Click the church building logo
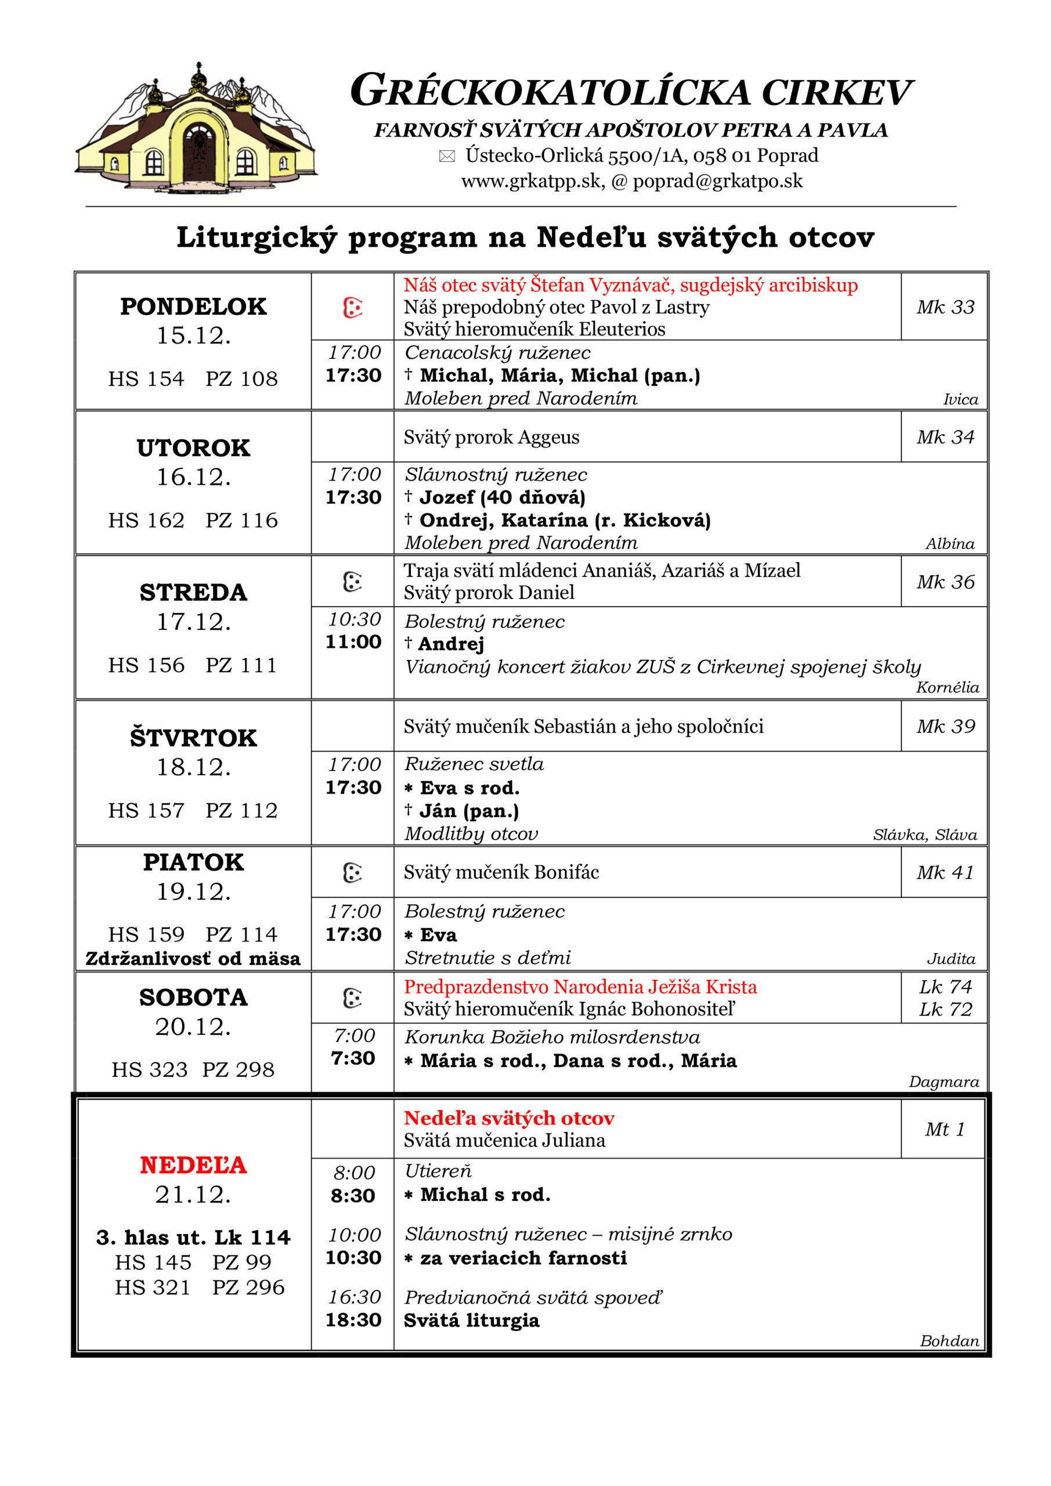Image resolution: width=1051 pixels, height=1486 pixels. tap(196, 129)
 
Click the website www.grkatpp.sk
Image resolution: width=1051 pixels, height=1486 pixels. tap(532, 181)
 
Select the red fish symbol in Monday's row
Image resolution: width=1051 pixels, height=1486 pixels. tap(352, 308)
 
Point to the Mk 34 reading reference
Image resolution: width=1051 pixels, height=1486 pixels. tap(945, 438)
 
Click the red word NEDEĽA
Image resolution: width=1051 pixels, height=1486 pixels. tap(193, 1165)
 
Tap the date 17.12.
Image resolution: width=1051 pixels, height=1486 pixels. tap(193, 622)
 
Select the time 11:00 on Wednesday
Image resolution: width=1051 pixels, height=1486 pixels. tap(353, 642)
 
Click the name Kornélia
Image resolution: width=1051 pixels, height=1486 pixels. tap(947, 687)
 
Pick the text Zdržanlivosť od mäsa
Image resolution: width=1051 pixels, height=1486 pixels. tap(193, 958)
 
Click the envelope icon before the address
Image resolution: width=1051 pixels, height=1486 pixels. tap(446, 156)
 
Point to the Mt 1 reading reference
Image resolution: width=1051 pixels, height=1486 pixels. tap(944, 1130)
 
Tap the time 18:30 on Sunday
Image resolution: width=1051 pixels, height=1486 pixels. tap(353, 1321)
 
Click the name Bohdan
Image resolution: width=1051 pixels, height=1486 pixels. tap(949, 1341)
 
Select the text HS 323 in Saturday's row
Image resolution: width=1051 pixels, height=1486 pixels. tap(150, 1069)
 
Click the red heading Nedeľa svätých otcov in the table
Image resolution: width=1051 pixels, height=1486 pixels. tap(509, 1118)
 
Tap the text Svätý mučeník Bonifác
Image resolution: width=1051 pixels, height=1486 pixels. tap(501, 872)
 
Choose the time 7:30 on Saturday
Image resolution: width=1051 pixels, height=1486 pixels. tap(353, 1058)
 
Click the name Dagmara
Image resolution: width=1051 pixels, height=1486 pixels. tap(944, 1081)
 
